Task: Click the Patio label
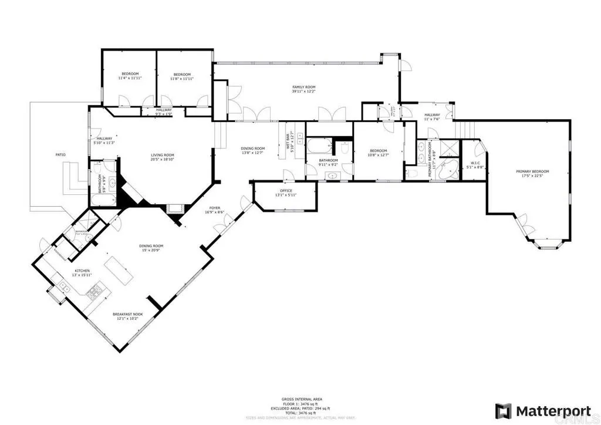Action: (x=60, y=154)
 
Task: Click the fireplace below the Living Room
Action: (x=174, y=208)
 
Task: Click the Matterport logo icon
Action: (x=503, y=410)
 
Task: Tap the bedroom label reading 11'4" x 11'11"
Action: (x=130, y=76)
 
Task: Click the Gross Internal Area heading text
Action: (x=300, y=399)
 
